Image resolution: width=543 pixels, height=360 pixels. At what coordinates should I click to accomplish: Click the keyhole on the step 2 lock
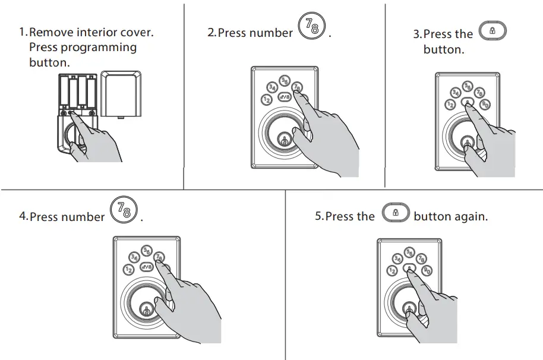284,142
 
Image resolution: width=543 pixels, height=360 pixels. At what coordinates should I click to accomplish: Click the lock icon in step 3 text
492,31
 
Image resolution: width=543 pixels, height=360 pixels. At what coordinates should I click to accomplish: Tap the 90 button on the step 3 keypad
485,105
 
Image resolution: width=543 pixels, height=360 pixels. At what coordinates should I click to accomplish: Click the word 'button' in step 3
443,50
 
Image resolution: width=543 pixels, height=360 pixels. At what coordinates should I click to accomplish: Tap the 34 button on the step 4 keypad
134,257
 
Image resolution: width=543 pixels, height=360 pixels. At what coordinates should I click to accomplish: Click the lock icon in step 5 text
395,213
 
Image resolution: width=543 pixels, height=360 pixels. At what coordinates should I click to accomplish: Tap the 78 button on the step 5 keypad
421,258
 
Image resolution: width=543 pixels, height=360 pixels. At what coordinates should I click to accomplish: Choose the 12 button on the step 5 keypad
392,271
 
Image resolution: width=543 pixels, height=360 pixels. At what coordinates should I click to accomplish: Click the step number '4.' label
23,217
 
